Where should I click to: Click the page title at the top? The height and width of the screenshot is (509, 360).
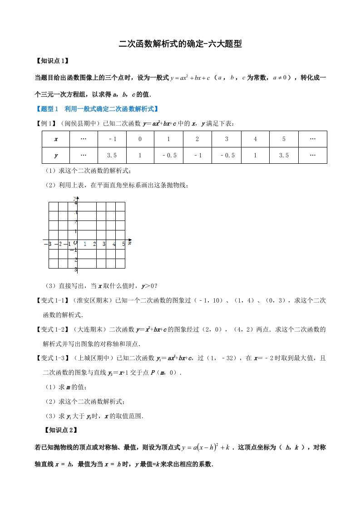tap(180, 44)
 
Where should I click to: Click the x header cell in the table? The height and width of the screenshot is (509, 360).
tap(56, 139)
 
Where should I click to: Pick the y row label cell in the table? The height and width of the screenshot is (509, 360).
tap(56, 155)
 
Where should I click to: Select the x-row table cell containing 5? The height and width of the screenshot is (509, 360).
tap(284, 139)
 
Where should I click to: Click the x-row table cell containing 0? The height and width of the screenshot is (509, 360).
tap(140, 139)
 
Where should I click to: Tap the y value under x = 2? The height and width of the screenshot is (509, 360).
tap(197, 155)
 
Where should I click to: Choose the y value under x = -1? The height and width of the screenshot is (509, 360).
tap(112, 155)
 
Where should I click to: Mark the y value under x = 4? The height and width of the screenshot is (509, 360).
tap(255, 155)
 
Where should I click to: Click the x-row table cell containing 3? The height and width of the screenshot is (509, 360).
tap(227, 139)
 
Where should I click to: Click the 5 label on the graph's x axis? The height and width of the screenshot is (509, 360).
tap(123, 244)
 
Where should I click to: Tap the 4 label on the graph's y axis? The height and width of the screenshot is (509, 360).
tap(76, 203)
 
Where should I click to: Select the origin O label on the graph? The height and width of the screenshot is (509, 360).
tap(75, 243)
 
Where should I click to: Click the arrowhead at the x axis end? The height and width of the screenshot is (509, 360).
tap(130, 239)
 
